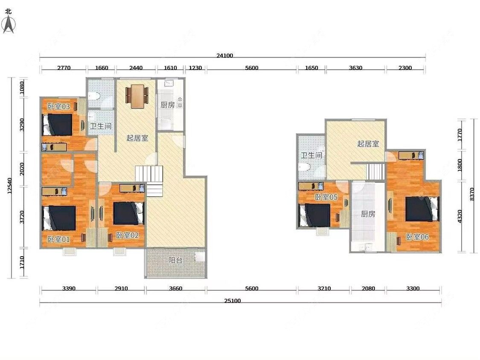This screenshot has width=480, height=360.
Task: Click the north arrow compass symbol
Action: click(8, 24)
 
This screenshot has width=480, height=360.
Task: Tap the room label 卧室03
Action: click(58, 107)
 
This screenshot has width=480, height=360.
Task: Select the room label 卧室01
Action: click(58, 239)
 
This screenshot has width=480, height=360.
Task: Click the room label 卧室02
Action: click(127, 235)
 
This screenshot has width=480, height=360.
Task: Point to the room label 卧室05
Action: click(326, 197)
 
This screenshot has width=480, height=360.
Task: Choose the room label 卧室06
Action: click(417, 237)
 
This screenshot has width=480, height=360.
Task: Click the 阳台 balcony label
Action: click(175, 260)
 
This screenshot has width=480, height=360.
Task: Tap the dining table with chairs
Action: click(137, 96)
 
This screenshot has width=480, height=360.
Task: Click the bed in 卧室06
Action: click(422, 209)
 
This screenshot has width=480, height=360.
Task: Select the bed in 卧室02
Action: click(128, 213)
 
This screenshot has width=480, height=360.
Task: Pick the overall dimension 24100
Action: click(225, 56)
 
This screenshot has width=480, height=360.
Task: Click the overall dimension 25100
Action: click(233, 301)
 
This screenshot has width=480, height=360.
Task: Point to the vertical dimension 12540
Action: click(10, 186)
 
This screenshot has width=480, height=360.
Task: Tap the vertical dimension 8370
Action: click(472, 194)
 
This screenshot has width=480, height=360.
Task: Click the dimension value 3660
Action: click(176, 289)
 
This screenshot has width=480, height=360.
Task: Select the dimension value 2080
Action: click(368, 289)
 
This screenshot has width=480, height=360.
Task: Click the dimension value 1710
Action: click(22, 263)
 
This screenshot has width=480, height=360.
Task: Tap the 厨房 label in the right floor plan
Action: click(368, 214)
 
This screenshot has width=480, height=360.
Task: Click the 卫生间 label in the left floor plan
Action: click(100, 126)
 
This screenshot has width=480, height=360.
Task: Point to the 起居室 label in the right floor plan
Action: click(368, 143)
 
